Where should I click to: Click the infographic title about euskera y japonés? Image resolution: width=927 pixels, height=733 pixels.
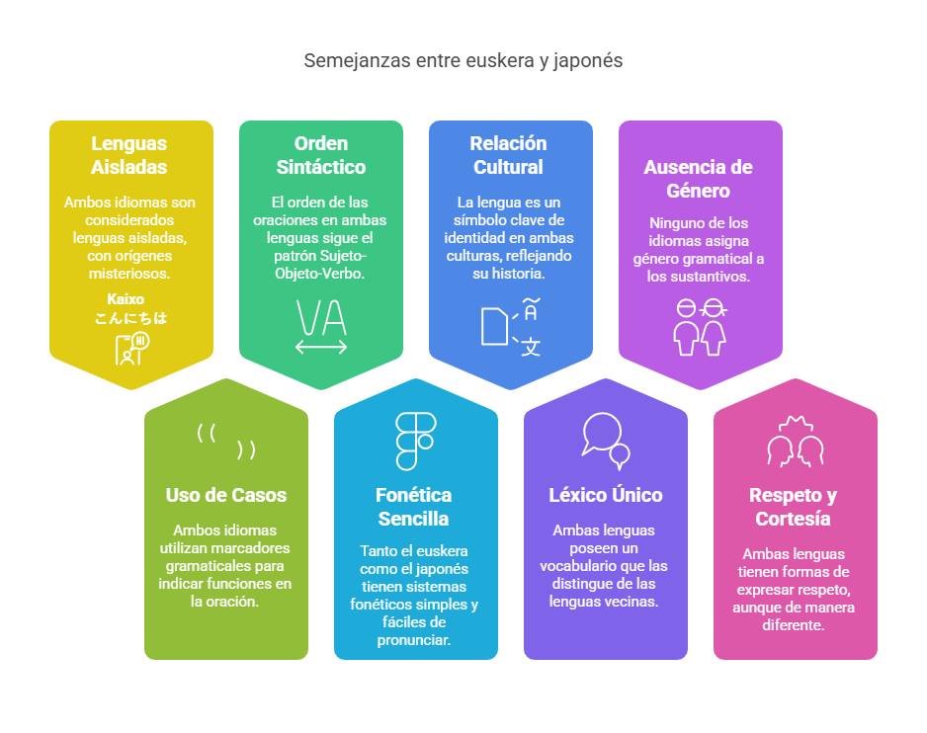[x=463, y=60]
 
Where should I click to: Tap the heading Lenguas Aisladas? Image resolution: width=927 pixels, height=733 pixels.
[x=129, y=155]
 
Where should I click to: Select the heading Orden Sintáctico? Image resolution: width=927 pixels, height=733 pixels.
[x=321, y=155]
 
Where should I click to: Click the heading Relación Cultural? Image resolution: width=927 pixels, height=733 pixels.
[x=510, y=155]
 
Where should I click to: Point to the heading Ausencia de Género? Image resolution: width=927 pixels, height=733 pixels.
[x=700, y=179]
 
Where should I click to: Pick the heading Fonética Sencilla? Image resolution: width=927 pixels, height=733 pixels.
[x=414, y=507]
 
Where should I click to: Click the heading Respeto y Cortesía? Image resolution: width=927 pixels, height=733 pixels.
[x=793, y=507]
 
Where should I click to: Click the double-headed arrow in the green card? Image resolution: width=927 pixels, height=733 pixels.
[x=321, y=347]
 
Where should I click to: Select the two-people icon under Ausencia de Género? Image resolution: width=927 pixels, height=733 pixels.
[x=700, y=327]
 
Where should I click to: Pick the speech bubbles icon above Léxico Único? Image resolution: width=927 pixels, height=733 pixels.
[x=605, y=440]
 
